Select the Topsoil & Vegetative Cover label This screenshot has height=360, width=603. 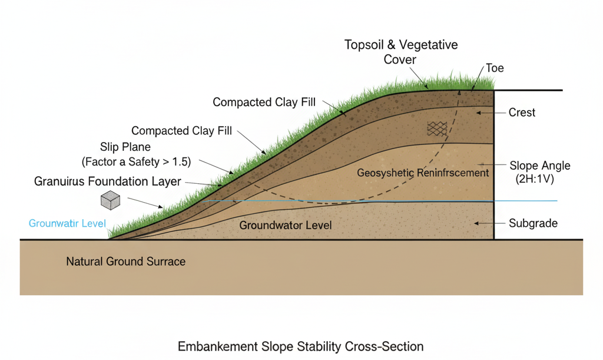tap(402, 52)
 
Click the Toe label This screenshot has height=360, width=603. tap(495, 68)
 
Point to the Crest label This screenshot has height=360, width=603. tap(522, 112)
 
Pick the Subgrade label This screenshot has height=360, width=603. tap(533, 224)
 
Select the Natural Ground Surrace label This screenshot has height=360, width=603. tap(125, 261)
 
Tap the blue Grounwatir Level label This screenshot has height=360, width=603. tap(67, 224)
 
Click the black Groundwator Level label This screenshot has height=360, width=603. tap(286, 225)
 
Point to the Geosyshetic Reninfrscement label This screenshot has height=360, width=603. tap(423, 173)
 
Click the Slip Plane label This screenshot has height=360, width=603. tap(125, 146)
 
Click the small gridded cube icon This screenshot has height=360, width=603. tap(111, 200)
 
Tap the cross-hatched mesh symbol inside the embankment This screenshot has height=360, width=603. tap(436, 128)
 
